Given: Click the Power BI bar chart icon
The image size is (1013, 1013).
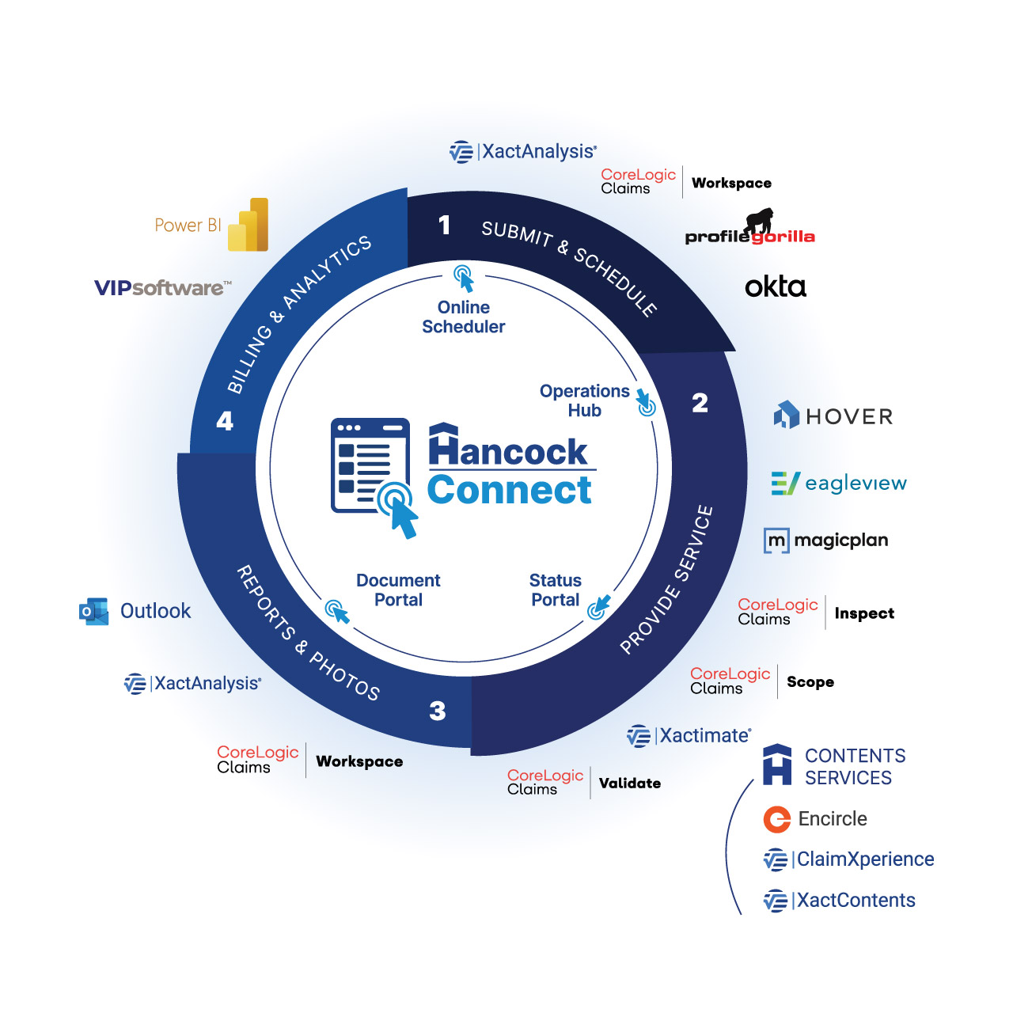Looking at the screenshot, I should point(249,226).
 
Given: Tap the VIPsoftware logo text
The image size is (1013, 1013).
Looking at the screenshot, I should point(162,287).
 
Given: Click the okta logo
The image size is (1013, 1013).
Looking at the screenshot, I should point(776,286).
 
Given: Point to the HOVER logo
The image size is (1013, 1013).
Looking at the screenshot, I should point(833,416).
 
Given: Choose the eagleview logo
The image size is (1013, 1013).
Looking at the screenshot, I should point(839,483).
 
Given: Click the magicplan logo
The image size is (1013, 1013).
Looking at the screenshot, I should point(826,541).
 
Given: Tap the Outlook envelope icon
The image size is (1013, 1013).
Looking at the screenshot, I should point(94,612).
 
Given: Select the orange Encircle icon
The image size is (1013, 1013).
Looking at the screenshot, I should point(777,819).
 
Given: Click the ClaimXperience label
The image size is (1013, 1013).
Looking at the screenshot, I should point(864,859).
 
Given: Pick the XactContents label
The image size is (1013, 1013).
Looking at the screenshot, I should point(855,901).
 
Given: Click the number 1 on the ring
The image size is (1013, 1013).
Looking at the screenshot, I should point(445,226).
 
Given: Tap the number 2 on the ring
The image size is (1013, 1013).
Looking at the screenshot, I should point(700,404).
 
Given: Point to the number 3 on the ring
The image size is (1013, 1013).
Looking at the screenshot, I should point(438,711).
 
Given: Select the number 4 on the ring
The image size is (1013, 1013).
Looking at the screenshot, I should point(225,421).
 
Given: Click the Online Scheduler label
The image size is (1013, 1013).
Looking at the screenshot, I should point(464,317).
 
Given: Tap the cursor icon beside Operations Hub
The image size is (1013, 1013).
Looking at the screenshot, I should point(645,402).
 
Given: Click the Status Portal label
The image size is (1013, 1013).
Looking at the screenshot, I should point(556,590).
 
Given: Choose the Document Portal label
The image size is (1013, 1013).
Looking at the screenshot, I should point(398,590).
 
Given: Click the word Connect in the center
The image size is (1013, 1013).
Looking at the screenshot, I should point(510,491).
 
